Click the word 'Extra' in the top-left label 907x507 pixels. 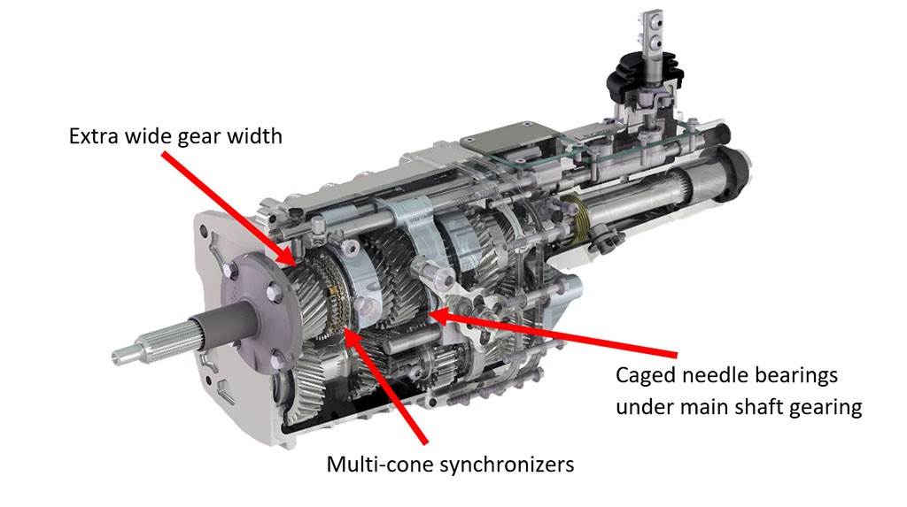[x=91, y=138]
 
